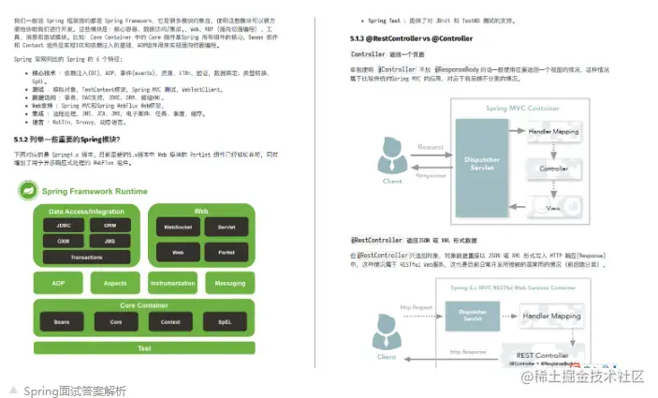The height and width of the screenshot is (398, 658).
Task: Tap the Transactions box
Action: pyautogui.click(x=87, y=257)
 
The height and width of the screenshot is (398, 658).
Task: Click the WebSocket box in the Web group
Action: pyautogui.click(x=178, y=227)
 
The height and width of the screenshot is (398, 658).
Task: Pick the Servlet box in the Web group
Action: pyautogui.click(x=226, y=227)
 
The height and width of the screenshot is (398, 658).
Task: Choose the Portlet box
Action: pyautogui.click(x=226, y=253)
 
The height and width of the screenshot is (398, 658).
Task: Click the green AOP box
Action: pyautogui.click(x=59, y=283)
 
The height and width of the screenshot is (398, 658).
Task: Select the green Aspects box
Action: pyautogui.click(x=115, y=283)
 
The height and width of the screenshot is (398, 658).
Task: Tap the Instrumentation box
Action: pyautogui.click(x=173, y=283)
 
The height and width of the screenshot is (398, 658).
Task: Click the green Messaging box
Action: pyautogui.click(x=229, y=283)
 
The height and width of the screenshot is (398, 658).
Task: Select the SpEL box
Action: pyautogui.click(x=225, y=322)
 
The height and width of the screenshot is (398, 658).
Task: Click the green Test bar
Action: pyautogui.click(x=144, y=348)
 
